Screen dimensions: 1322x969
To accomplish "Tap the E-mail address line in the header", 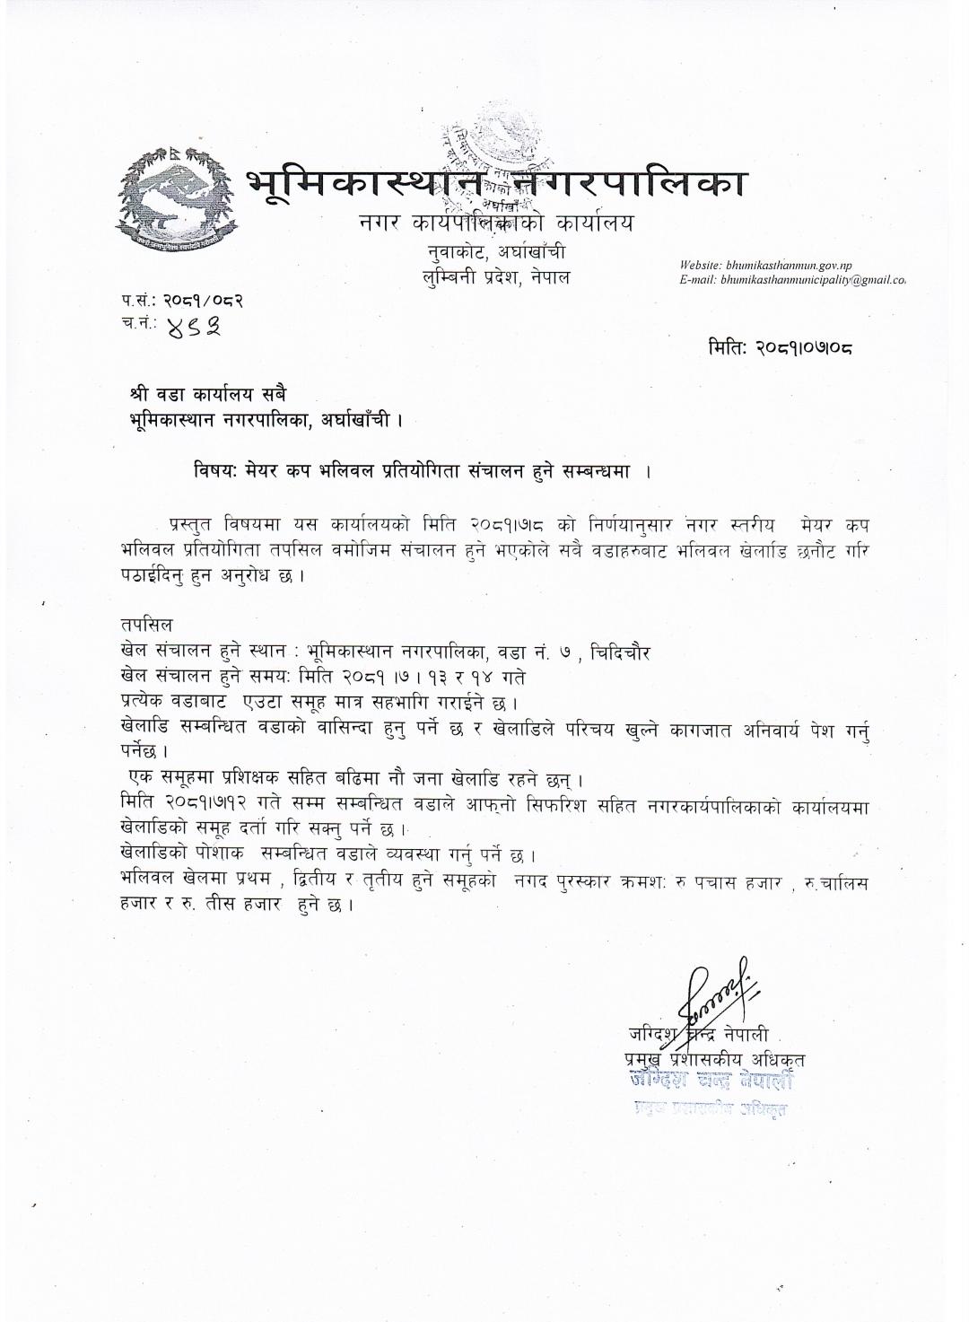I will tap(792, 281).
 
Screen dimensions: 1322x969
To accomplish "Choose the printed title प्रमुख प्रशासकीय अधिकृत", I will tap(715, 1060).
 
